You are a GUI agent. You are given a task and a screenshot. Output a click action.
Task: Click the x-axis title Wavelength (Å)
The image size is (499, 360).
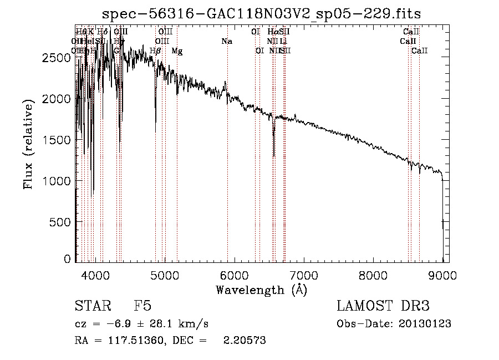(x=261, y=290)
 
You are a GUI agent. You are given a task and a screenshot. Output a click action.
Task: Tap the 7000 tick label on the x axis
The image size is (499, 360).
(x=303, y=274)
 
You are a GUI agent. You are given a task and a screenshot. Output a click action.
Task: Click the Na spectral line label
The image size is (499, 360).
(x=226, y=42)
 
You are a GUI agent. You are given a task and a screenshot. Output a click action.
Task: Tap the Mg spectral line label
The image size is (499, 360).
(x=177, y=51)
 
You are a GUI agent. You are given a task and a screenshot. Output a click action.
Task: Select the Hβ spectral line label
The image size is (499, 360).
(x=155, y=51)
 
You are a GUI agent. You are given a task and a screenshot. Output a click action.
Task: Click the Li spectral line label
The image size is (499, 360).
(x=283, y=42)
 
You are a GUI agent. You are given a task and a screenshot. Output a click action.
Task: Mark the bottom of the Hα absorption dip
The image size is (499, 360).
(x=273, y=155)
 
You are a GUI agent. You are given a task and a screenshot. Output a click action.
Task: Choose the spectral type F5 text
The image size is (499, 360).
(x=142, y=307)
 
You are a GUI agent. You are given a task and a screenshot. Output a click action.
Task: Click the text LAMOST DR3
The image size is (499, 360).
(x=383, y=307)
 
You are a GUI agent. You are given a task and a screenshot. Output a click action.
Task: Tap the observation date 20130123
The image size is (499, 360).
(x=427, y=324)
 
